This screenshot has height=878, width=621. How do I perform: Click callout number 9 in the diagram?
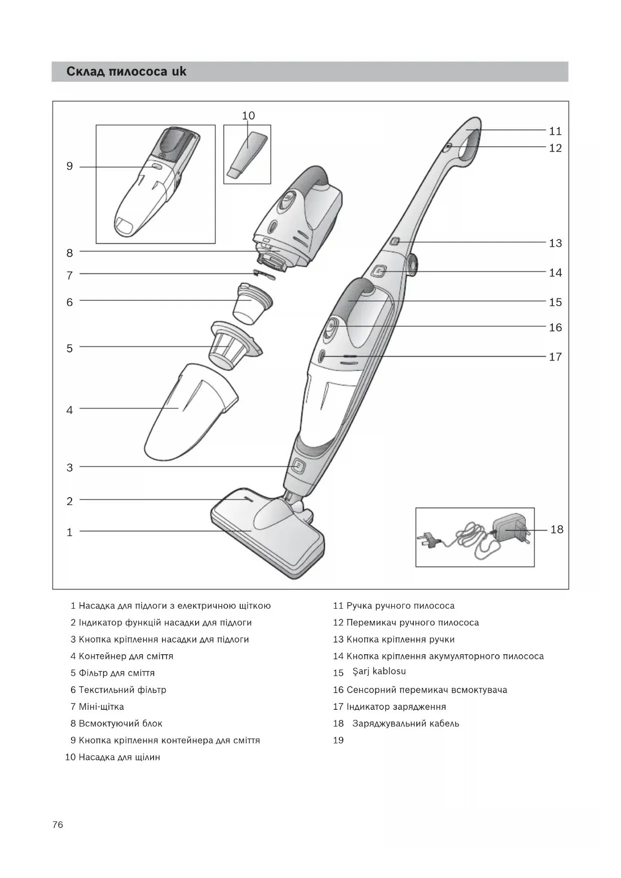pyautogui.click(x=70, y=166)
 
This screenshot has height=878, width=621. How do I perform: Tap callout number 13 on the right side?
pyautogui.click(x=555, y=243)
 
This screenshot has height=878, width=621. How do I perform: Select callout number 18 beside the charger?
pyautogui.click(x=556, y=530)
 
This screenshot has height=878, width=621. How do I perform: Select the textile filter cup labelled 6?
pyautogui.click(x=252, y=302)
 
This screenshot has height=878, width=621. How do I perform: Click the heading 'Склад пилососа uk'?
pyautogui.click(x=126, y=72)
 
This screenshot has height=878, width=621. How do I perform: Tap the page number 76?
pyautogui.click(x=58, y=825)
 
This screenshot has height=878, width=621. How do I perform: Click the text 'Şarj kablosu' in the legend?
pyautogui.click(x=379, y=671)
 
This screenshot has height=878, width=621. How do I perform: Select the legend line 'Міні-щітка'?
pyautogui.click(x=101, y=707)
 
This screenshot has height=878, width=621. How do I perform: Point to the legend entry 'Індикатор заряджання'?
pyautogui.click(x=396, y=707)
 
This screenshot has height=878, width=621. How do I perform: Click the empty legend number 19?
pyautogui.click(x=338, y=740)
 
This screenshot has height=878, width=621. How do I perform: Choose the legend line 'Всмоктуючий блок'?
pyautogui.click(x=120, y=724)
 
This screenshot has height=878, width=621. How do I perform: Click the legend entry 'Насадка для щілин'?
pyautogui.click(x=119, y=757)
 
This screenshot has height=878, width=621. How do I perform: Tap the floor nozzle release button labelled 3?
pyautogui.click(x=298, y=467)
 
